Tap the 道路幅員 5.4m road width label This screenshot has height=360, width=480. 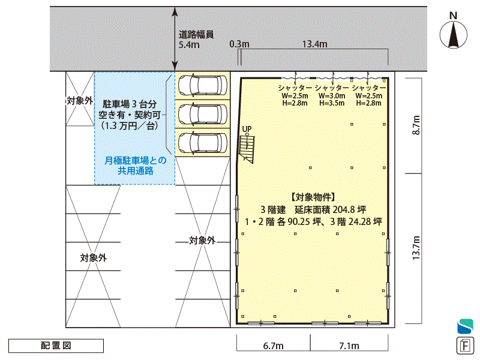[x=196, y=40]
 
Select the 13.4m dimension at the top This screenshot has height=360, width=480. [x=314, y=44]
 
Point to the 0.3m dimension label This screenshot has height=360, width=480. [x=239, y=44]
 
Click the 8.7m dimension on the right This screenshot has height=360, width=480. [x=416, y=125]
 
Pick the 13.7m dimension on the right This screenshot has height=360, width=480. [x=416, y=248]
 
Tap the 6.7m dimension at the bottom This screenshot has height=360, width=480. [x=273, y=346]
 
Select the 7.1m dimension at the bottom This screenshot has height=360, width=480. [x=349, y=346]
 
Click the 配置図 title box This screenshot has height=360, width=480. [x=56, y=346]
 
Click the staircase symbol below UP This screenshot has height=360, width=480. [x=247, y=149]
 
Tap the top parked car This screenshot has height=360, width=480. [x=203, y=85]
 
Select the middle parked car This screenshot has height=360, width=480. [x=203, y=114]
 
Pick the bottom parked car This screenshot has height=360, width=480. [x=203, y=142]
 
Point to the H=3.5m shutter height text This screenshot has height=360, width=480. [x=332, y=103]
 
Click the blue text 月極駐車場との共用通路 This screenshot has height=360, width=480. [x=136, y=166]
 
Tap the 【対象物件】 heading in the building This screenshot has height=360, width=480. [x=313, y=197]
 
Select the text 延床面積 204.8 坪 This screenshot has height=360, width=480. [x=331, y=209]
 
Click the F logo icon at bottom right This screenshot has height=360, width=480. [x=465, y=346]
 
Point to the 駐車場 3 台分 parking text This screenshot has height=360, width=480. [x=130, y=104]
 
